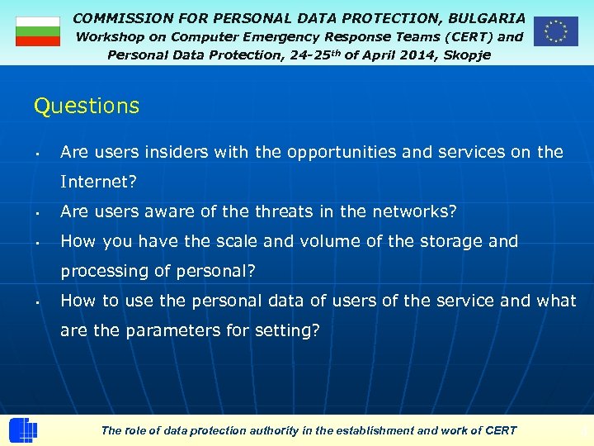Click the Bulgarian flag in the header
pos(38,31)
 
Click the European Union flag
pos(555,31)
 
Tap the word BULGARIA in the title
pos(487,17)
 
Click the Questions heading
pos(87,107)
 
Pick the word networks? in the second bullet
pos(411,211)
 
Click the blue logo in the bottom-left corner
pos(23,430)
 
